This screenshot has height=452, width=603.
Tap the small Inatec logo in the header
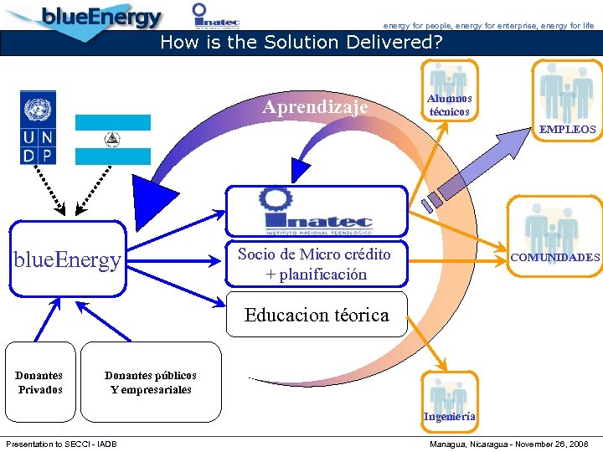pos(215,15)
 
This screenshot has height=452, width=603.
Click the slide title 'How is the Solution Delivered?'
pos(301,42)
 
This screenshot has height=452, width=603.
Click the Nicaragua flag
pos(112,139)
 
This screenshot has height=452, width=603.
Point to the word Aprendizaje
pos(315,107)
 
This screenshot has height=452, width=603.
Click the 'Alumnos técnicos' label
pos(449,105)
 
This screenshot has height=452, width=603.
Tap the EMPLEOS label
pos(567,130)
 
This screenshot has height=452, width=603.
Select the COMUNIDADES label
pos(555,258)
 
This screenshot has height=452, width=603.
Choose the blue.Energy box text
pos(67,260)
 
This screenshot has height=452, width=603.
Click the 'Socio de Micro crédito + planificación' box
pos(314,264)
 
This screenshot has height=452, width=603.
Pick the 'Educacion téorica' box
pos(316,316)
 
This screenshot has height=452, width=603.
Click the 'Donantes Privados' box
pos(39,383)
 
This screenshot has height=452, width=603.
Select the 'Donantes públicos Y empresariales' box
pos(151,383)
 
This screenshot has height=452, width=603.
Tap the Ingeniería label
pos(449,416)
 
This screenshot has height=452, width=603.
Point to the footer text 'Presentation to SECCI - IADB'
pos(61,444)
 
